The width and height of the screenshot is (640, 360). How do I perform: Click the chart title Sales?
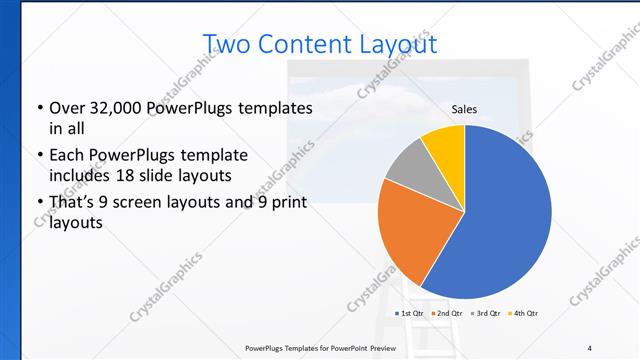click(463, 108)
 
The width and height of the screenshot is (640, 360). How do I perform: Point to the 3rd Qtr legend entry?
click(485, 313)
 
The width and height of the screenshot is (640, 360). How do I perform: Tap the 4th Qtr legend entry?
click(523, 313)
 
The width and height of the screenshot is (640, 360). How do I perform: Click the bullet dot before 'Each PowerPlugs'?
click(39, 156)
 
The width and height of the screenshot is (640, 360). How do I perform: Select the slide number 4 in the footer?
click(590, 347)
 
